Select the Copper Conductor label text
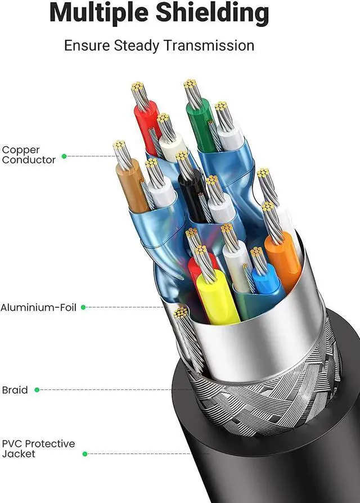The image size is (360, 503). [x=28, y=155]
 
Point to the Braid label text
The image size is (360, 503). [x=15, y=389]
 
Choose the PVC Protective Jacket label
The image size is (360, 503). [x=38, y=448]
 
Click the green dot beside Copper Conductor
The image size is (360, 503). [x=64, y=156]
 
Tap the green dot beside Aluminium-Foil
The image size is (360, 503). [x=83, y=307]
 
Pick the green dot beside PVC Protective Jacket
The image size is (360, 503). [x=85, y=453]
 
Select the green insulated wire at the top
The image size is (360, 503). [x=199, y=124]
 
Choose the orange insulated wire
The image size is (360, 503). [x=282, y=259]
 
